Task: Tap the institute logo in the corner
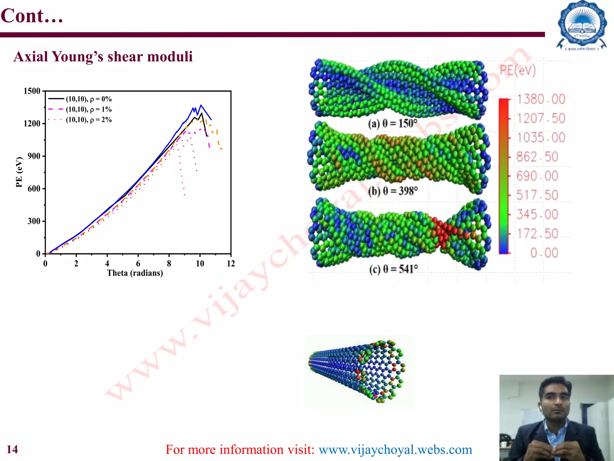click(x=582, y=26)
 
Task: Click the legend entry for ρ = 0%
click(x=88, y=99)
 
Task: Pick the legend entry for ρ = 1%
click(x=88, y=109)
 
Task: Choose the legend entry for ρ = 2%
click(x=88, y=120)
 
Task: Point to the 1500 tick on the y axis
click(x=32, y=91)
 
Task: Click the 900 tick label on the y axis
click(x=34, y=156)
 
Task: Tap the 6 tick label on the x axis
click(x=138, y=264)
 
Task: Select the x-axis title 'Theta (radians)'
click(x=135, y=273)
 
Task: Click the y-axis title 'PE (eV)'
click(x=19, y=172)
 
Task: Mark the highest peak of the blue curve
click(x=201, y=105)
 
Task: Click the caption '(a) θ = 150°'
click(x=392, y=123)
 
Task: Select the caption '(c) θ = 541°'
click(x=393, y=269)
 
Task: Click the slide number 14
click(x=12, y=449)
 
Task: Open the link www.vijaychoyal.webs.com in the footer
click(x=395, y=449)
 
